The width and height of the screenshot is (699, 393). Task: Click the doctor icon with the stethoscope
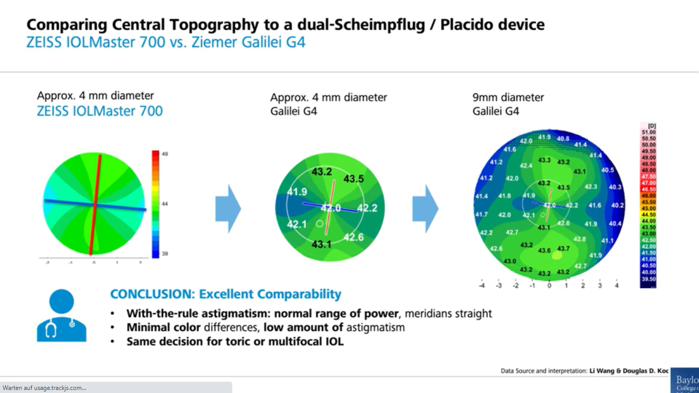(62, 316)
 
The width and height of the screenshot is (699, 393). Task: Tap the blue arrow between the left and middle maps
(228, 209)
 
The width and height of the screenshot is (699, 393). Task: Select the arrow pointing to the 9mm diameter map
(426, 209)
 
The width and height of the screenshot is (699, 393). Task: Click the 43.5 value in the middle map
(354, 179)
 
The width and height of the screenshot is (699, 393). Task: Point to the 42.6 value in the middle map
(354, 237)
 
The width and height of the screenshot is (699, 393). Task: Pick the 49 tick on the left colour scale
(165, 154)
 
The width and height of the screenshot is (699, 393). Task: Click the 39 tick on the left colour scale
(165, 254)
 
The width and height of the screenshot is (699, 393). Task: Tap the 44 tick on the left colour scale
(165, 204)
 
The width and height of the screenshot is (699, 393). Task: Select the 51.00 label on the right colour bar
(648, 132)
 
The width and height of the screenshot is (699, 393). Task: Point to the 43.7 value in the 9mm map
(563, 249)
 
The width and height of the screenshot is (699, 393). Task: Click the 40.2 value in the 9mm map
(618, 205)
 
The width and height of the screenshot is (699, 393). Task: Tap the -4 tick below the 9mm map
(482, 285)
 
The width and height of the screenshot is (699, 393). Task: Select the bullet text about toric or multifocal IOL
(235, 341)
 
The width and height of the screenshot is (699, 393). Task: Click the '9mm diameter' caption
(508, 97)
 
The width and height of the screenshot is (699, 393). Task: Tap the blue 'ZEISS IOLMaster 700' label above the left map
(100, 111)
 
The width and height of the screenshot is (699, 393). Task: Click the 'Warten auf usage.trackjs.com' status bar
(45, 388)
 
